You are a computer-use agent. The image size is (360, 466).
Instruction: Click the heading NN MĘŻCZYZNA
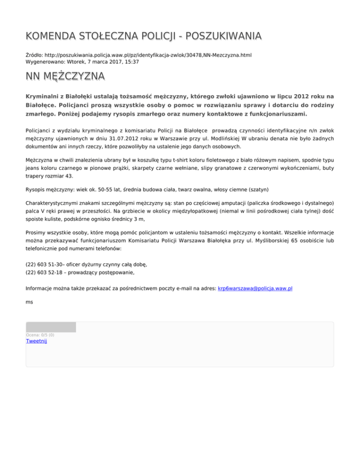(65, 76)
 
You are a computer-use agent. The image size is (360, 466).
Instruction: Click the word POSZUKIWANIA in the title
(208, 36)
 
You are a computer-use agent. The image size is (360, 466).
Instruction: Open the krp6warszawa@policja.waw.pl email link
(255, 288)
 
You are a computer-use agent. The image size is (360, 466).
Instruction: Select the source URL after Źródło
(145, 55)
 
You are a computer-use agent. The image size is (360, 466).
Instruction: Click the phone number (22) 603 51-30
(45, 264)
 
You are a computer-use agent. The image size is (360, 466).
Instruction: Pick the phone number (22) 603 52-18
(45, 272)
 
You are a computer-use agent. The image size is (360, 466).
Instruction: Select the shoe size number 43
(68, 176)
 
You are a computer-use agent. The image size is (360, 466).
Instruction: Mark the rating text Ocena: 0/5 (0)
(40, 335)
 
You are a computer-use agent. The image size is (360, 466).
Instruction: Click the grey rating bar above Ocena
(51, 327)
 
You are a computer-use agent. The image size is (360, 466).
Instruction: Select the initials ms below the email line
(29, 302)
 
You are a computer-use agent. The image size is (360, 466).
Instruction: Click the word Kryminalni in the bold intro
(45, 96)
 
